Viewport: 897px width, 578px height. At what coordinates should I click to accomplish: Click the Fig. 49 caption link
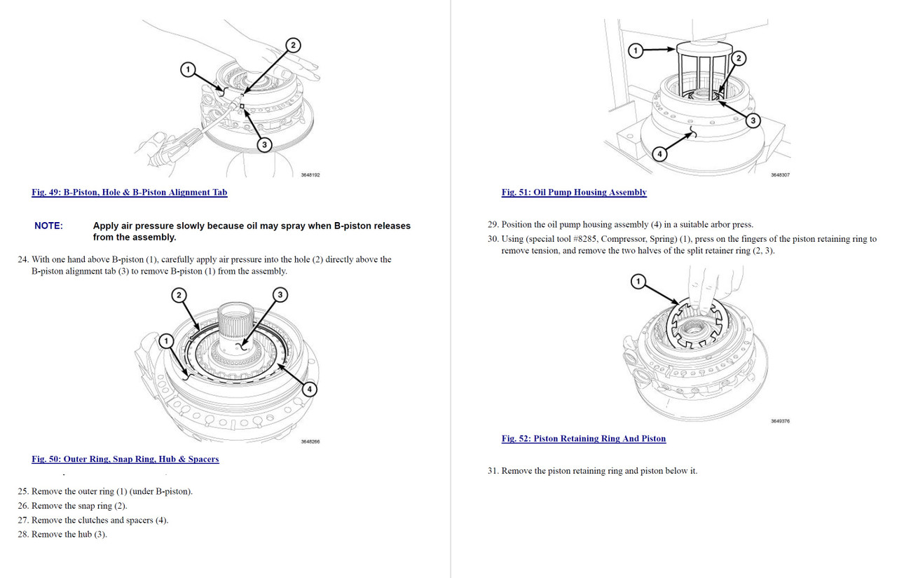129,192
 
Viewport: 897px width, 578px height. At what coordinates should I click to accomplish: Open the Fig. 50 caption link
125,459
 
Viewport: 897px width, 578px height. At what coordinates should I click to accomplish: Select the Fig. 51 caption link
574,192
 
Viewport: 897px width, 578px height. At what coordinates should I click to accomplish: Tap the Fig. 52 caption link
583,439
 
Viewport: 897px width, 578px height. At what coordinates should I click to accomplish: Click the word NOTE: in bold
48,226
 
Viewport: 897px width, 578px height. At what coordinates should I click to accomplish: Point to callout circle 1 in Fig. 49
187,69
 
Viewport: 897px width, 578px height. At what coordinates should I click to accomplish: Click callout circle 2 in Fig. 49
293,46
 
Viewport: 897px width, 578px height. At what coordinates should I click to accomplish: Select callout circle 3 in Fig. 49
264,145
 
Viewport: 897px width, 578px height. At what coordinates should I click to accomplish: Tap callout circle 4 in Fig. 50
310,389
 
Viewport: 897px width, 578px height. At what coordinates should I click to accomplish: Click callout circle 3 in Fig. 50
280,294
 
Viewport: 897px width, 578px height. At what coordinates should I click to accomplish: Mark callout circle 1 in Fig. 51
636,50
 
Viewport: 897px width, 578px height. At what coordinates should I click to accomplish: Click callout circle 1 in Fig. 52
638,281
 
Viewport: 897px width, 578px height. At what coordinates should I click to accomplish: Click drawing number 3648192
310,175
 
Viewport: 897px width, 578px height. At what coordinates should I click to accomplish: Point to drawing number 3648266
310,441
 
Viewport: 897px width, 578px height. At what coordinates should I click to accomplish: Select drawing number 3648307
780,175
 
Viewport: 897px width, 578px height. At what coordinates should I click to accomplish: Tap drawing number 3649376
780,421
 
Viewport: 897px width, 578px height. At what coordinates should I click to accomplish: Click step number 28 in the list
23,535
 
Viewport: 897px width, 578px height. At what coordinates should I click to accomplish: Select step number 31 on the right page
493,471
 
